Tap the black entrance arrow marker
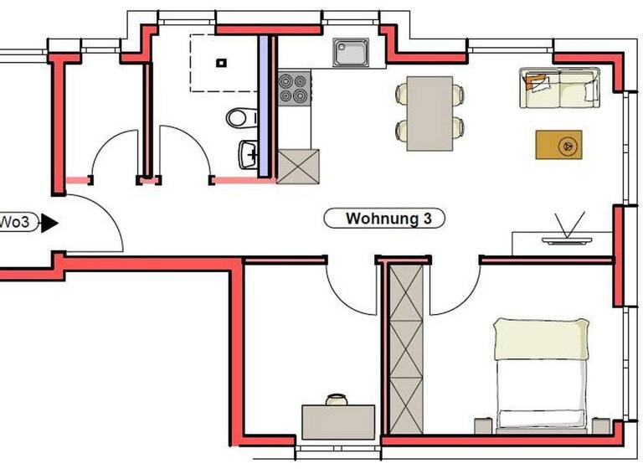(49, 223)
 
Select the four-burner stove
(292, 89)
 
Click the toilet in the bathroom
(241, 117)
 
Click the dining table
(430, 114)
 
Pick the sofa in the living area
(559, 88)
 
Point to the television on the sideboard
(565, 237)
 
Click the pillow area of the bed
(539, 338)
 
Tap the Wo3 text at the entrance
(14, 223)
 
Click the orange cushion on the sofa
(537, 80)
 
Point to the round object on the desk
(337, 399)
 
